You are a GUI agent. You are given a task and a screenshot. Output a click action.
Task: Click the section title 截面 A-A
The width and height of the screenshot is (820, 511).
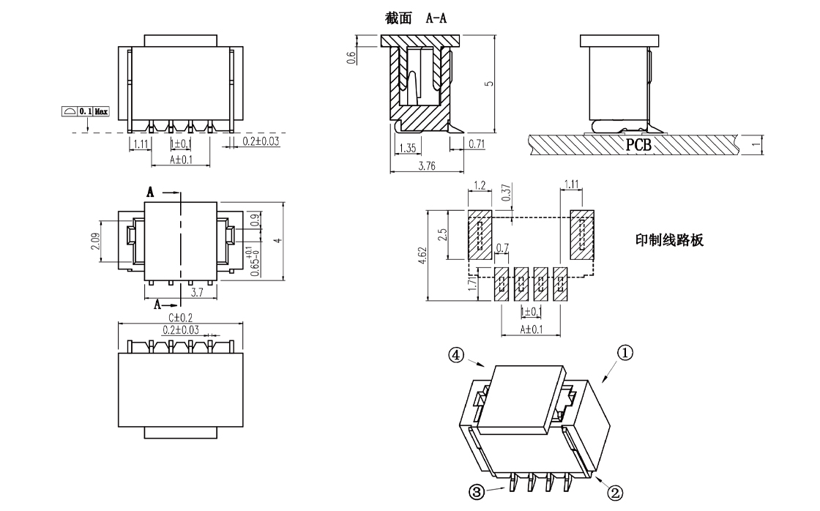click(x=416, y=18)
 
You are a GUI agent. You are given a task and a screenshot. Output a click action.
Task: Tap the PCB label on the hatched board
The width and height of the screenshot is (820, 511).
click(x=638, y=144)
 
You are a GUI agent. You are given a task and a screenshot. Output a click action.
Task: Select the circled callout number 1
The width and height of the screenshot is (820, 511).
click(x=625, y=353)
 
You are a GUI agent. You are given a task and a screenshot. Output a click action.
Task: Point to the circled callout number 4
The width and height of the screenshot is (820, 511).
click(x=457, y=355)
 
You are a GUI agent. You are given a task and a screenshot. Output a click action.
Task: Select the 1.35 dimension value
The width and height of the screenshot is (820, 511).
click(x=407, y=147)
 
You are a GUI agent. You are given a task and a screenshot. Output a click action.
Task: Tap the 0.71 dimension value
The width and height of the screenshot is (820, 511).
click(x=476, y=144)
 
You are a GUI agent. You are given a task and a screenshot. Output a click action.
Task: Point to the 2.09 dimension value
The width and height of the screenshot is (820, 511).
click(x=96, y=242)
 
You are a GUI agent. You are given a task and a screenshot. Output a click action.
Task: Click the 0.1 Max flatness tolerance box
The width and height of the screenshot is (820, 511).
click(x=86, y=111)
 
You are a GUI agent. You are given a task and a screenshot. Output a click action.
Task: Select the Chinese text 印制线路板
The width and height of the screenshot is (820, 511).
click(x=669, y=240)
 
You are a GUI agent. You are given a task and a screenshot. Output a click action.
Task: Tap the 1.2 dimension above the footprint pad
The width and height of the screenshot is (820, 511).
click(x=480, y=185)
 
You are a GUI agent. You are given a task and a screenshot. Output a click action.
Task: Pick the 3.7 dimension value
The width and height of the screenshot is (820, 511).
click(x=196, y=293)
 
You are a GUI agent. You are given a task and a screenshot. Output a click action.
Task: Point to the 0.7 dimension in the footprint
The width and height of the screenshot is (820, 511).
click(x=503, y=248)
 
